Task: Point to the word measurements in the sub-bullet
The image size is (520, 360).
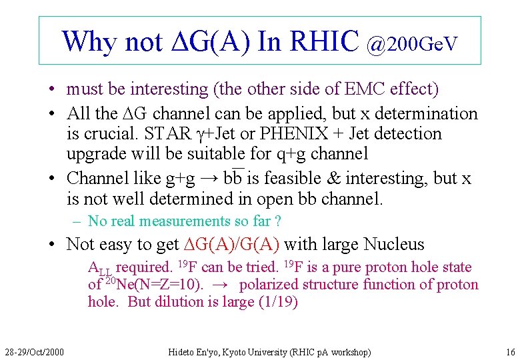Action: (x=181, y=221)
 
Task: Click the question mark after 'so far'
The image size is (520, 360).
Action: (x=277, y=221)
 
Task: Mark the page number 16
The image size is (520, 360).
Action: (x=510, y=351)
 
